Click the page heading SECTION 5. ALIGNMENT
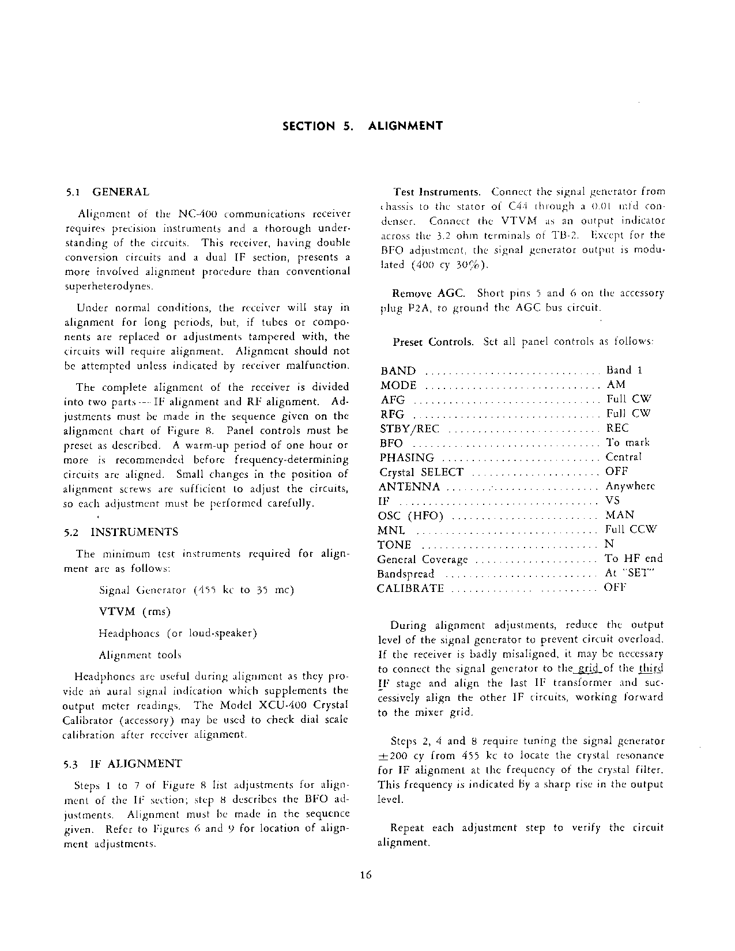[x=363, y=126]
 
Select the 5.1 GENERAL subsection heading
[x=108, y=192]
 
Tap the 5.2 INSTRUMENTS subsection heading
[x=122, y=532]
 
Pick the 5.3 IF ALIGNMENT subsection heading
[x=123, y=764]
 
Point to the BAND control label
[x=398, y=371]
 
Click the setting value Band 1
[x=624, y=370]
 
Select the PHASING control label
[x=407, y=458]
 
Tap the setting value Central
[x=623, y=457]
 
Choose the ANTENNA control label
[x=409, y=487]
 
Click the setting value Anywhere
[x=630, y=486]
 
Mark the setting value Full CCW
[x=631, y=529]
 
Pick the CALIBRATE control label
[x=410, y=588]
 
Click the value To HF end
[x=633, y=558]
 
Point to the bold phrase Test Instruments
[x=436, y=192]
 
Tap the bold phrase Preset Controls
[x=433, y=342]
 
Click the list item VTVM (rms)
[x=135, y=612]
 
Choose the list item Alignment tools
[x=140, y=655]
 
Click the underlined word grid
[x=587, y=669]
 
